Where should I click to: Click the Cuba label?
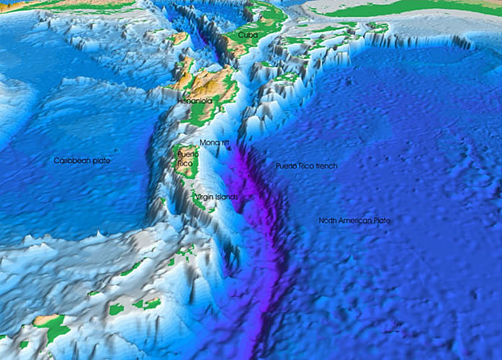pyautogui.click(x=237, y=36)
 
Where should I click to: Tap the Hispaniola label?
pyautogui.click(x=195, y=103)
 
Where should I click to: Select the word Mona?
pyautogui.click(x=209, y=143)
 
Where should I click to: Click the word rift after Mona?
pyautogui.click(x=225, y=143)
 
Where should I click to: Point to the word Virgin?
pyautogui.click(x=203, y=196)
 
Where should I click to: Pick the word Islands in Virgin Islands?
pyautogui.click(x=226, y=196)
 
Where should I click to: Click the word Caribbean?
pyautogui.click(x=73, y=161)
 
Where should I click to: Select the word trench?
pyautogui.click(x=324, y=166)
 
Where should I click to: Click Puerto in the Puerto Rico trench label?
pyautogui.click(x=287, y=166)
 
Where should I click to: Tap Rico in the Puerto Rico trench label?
pyautogui.click(x=306, y=166)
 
